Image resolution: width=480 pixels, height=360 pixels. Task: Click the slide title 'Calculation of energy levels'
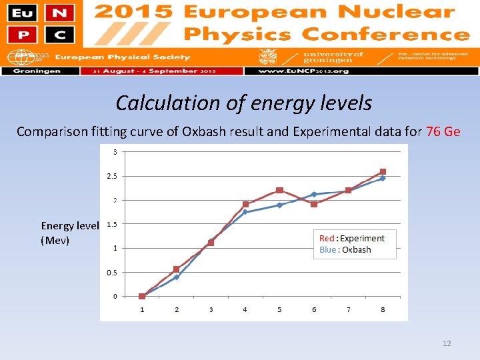[243, 103]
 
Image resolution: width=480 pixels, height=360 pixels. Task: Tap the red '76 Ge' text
[443, 131]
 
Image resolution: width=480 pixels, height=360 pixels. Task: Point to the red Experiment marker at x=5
[279, 191]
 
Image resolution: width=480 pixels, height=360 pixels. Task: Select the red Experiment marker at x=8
[383, 171]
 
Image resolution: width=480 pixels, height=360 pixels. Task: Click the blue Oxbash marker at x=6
[314, 195]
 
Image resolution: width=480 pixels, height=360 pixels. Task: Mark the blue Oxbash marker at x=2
[177, 277]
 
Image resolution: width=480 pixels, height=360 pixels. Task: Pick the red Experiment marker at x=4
[245, 205]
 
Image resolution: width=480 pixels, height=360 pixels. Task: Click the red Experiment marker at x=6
[314, 204]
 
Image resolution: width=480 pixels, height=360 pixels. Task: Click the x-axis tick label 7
[348, 309]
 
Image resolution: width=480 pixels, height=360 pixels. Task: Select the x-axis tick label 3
[211, 309]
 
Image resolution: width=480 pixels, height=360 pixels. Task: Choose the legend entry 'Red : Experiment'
[351, 238]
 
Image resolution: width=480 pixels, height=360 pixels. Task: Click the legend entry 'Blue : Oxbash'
[345, 250]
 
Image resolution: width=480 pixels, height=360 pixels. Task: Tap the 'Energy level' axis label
[70, 226]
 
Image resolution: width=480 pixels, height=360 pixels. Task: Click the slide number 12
[447, 343]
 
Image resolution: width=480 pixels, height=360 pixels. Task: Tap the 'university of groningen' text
[333, 57]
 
